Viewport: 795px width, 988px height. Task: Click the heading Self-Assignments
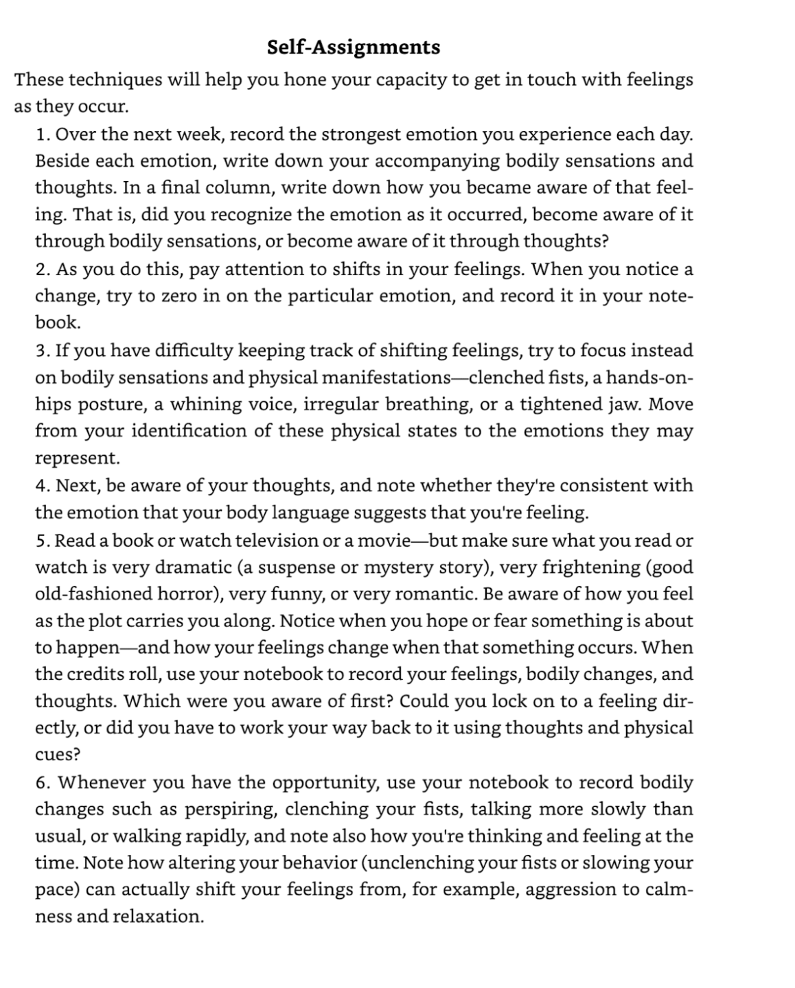353,47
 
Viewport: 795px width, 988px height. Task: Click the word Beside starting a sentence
62,161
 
